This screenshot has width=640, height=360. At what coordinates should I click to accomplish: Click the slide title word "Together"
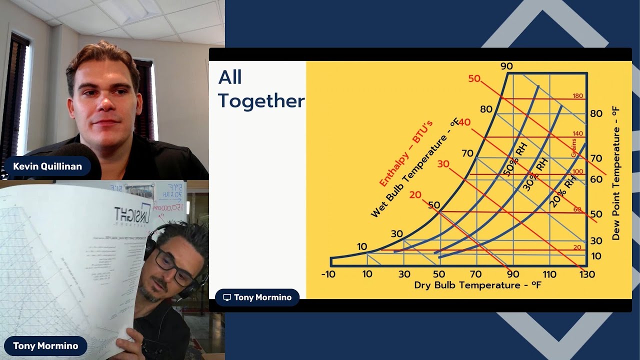tap(261, 101)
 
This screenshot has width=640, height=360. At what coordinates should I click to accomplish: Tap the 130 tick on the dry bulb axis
tap(587, 274)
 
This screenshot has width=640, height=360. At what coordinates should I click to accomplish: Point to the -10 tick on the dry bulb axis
tap(328, 274)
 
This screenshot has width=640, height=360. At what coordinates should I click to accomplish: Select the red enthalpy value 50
tap(474, 78)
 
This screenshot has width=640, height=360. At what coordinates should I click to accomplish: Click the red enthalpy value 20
tap(415, 195)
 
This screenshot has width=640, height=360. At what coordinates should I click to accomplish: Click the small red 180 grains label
tap(577, 96)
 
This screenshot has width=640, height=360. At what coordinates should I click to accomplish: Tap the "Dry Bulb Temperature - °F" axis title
tap(477, 285)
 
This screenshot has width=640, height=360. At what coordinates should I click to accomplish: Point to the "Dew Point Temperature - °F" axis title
tap(615, 173)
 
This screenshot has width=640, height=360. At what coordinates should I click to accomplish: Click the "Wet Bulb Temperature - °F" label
tap(414, 168)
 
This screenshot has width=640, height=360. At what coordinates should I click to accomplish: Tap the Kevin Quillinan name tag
tap(47, 166)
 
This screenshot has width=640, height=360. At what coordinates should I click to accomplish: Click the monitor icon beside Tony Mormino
tap(227, 297)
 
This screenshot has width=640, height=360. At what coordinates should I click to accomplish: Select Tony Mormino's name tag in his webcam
tap(45, 346)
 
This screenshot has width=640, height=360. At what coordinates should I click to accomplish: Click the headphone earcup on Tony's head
tap(150, 245)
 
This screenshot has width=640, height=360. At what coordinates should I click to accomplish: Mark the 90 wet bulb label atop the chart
tap(506, 66)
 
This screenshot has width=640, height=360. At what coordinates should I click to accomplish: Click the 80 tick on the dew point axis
tap(596, 113)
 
